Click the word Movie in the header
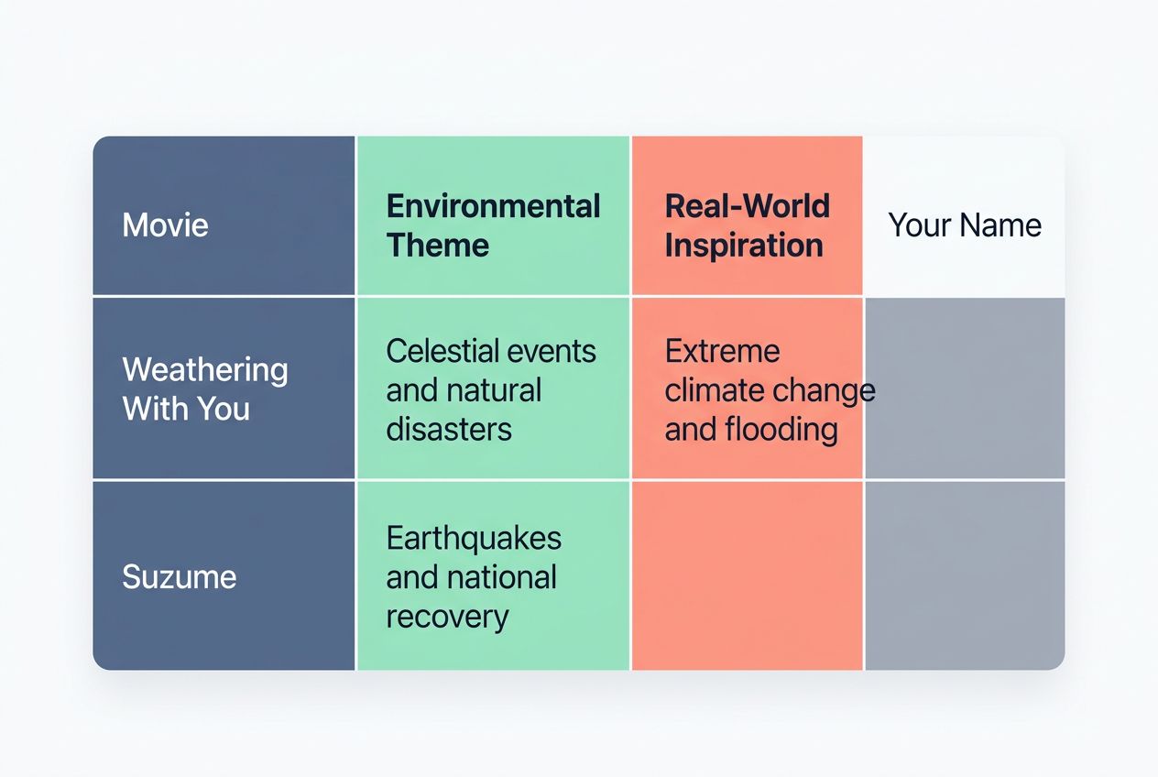tap(165, 225)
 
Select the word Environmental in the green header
tap(493, 206)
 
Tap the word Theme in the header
tap(437, 246)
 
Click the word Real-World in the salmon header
tap(747, 206)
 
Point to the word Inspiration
tap(743, 246)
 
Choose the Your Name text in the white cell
tap(965, 225)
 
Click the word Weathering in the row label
tap(205, 370)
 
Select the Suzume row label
tap(180, 577)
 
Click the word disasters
tap(448, 429)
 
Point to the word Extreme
tap(722, 351)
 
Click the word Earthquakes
tap(474, 538)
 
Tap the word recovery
tap(446, 617)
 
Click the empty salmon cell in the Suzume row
tap(747, 575)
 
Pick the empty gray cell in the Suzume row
tap(965, 575)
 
